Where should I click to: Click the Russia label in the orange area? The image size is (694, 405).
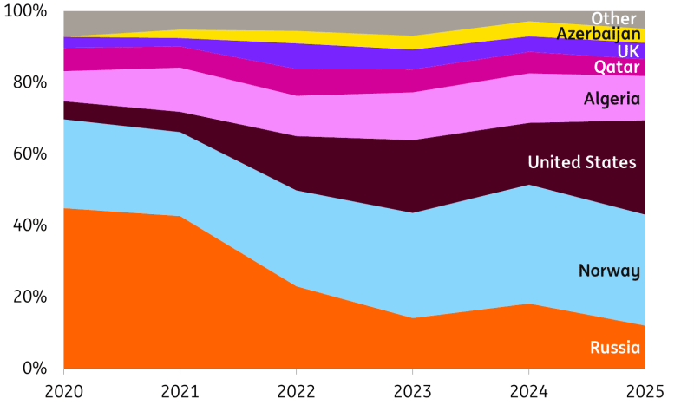pos(614,348)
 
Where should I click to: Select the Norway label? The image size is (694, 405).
pos(608,271)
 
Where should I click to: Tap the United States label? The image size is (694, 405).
pos(581,162)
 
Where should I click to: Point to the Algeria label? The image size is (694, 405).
pos(612,99)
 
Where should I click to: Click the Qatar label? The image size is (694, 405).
pos(617,68)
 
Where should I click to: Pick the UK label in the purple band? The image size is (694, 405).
pos(628,52)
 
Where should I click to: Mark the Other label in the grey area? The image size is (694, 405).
pos(613,18)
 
